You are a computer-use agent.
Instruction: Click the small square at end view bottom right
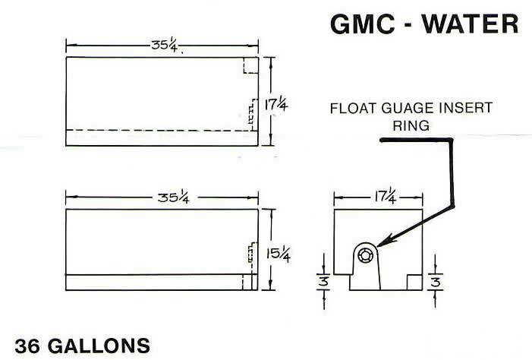[413, 281]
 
